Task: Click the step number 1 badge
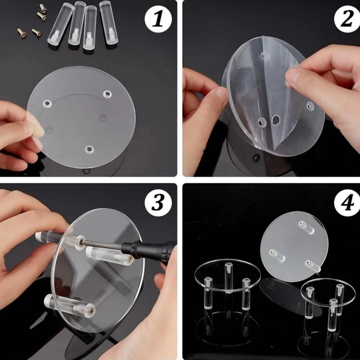[158, 19]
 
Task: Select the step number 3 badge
[158, 203]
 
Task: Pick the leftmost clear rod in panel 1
[60, 24]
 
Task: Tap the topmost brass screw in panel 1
[43, 8]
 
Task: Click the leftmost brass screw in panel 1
[22, 33]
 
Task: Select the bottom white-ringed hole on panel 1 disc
[89, 149]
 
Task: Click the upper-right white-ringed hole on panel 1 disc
[107, 94]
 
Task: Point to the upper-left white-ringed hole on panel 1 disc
[47, 104]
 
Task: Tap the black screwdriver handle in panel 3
[149, 250]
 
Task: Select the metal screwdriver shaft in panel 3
[100, 243]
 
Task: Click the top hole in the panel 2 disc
[265, 55]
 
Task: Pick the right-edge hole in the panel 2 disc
[310, 106]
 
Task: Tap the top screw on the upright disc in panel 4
[301, 223]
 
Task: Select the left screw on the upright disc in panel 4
[272, 252]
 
